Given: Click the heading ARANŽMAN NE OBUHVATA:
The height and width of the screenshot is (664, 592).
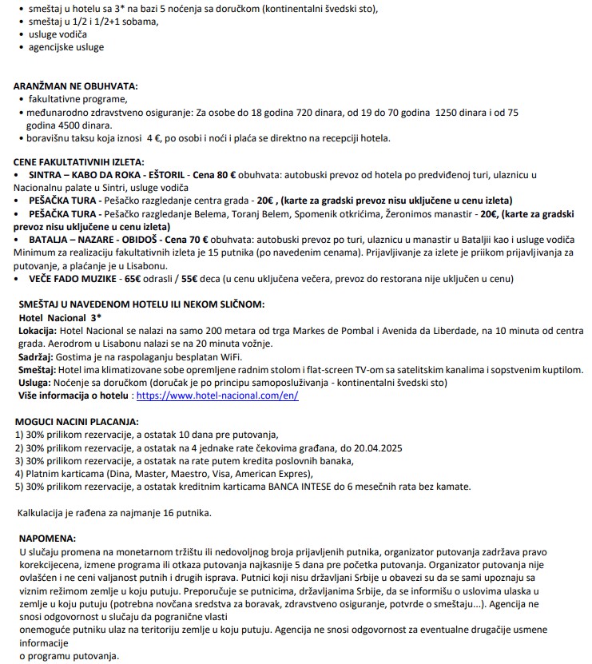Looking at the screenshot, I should click(x=76, y=85).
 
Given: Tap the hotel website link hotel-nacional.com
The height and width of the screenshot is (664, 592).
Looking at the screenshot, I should click(x=217, y=396).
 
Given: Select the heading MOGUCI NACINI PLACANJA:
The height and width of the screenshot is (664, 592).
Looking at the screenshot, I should click(x=77, y=421).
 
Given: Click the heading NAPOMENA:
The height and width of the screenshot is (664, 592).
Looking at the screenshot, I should click(x=47, y=538).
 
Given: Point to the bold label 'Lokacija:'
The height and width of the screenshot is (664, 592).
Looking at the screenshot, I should click(x=38, y=331).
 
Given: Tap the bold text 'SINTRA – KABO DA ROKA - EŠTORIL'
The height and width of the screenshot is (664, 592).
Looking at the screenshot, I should click(x=109, y=174).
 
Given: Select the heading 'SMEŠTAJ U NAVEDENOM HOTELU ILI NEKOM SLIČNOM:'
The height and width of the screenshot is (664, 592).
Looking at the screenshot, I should click(x=141, y=304).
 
